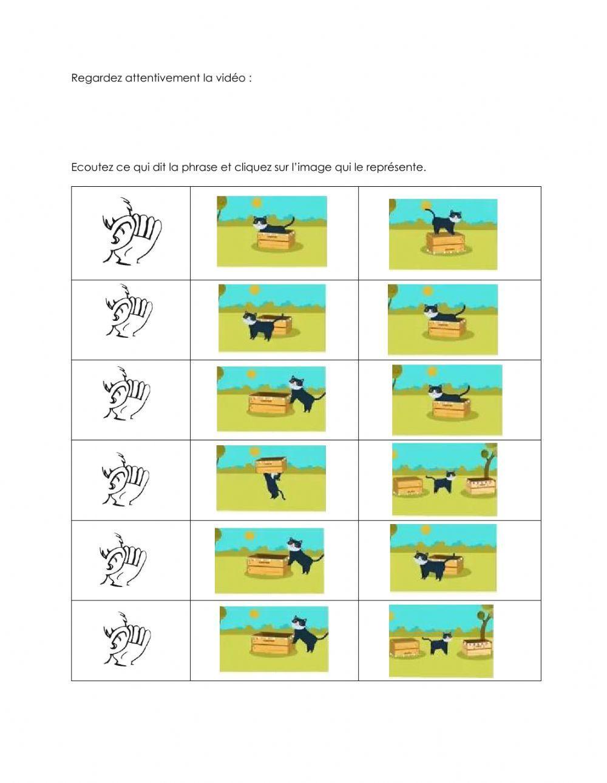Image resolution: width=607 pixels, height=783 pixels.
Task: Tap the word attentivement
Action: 162,78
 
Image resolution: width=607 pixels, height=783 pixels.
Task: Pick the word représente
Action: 396,167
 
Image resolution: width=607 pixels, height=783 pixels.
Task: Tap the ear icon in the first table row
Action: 131,231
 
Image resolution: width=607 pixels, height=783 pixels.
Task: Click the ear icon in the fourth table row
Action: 126,479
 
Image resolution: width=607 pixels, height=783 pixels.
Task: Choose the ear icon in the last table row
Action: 126,640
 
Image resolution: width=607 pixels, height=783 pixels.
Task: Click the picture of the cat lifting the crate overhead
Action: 271,478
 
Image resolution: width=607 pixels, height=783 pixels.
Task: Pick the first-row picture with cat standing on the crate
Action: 443,234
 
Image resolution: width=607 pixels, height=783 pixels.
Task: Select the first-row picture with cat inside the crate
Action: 271,231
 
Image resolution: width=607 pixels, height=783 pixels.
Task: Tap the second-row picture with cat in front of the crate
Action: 271,318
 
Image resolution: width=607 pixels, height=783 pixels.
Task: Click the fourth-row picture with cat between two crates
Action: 444,479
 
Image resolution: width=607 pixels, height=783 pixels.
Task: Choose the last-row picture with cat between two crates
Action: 441,640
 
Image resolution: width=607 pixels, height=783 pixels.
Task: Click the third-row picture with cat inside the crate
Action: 447,400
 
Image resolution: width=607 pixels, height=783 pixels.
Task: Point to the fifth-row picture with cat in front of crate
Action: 443,557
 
